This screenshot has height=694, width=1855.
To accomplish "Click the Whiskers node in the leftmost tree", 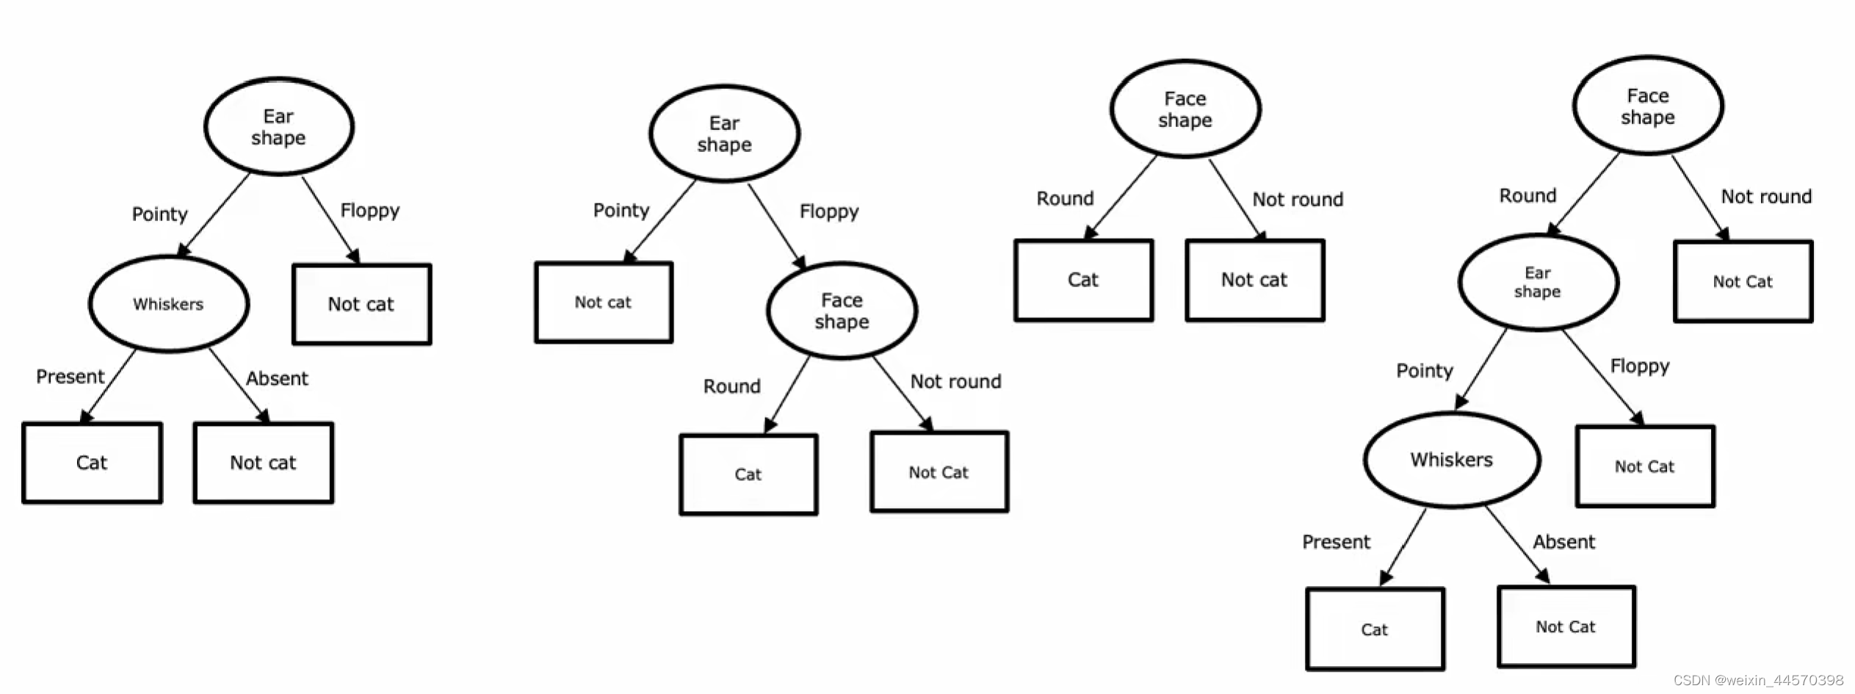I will (x=168, y=303).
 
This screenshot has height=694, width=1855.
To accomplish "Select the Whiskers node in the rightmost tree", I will (x=1451, y=460).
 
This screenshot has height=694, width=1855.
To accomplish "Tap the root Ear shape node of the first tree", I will (x=278, y=126).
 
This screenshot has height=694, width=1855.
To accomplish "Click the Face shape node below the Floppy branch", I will (x=842, y=311).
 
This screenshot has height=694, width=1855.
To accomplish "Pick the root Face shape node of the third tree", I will (x=1185, y=109).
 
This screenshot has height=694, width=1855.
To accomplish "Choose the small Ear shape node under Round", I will (x=1538, y=282).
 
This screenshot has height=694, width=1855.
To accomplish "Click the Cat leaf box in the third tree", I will (x=1083, y=280).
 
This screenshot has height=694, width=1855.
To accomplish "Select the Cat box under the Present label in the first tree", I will (x=92, y=463).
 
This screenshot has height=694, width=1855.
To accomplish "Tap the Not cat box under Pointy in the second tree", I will (x=603, y=302).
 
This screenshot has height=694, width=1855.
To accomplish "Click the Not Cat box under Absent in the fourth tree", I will (x=1566, y=626).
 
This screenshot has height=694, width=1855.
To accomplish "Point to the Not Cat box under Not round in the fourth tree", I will (x=1743, y=281).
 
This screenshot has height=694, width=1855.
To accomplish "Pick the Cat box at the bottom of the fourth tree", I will (x=1375, y=629).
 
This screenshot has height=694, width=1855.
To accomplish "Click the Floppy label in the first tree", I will (x=369, y=211).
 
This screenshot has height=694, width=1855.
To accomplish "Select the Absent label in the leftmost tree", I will (x=277, y=378).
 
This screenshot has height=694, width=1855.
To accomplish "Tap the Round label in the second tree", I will (x=731, y=386).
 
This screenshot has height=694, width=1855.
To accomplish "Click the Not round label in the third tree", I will (x=1297, y=199).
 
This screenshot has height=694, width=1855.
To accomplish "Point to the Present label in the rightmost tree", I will (x=1336, y=542).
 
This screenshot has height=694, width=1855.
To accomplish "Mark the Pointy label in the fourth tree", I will (x=1424, y=370).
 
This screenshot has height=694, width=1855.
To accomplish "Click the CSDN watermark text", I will (x=1758, y=680).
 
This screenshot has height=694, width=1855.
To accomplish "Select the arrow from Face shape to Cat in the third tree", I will (x=1121, y=197).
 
